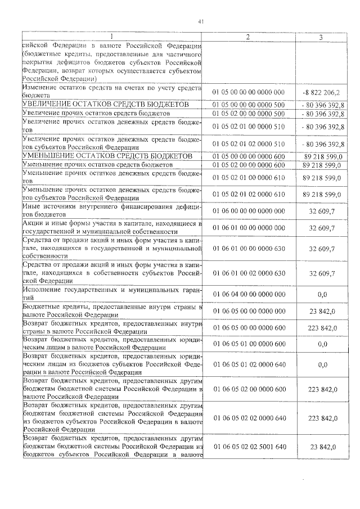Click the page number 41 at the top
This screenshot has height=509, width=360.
pyautogui.click(x=201, y=22)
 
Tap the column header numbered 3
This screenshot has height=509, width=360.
pyautogui.click(x=321, y=37)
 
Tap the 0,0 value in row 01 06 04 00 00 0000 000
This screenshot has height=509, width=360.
pyautogui.click(x=322, y=294)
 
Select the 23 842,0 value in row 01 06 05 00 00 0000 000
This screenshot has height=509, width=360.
pyautogui.click(x=322, y=311)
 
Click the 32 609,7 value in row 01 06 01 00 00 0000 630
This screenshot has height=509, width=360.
pyautogui.click(x=322, y=248)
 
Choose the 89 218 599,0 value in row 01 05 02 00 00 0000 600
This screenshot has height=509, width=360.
pyautogui.click(x=322, y=165)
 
